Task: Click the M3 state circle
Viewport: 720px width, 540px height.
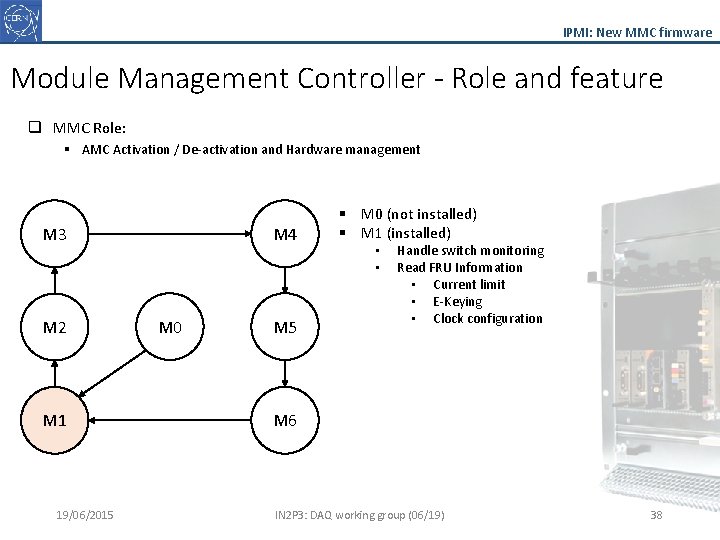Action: [x=55, y=235]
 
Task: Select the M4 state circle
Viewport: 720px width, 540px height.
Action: [x=285, y=235]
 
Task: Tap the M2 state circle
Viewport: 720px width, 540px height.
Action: [x=55, y=327]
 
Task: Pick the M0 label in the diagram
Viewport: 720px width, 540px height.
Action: [x=170, y=327]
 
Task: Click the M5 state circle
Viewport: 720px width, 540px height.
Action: [x=285, y=327]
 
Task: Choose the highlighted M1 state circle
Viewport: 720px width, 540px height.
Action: [x=55, y=420]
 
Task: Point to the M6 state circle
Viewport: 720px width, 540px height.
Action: [x=285, y=420]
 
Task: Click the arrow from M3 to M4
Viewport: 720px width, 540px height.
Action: [x=170, y=234]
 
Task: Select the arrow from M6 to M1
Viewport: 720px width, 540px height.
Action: [x=170, y=420]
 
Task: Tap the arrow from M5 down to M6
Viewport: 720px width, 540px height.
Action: [x=285, y=372]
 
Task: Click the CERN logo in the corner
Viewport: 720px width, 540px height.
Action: [x=21, y=21]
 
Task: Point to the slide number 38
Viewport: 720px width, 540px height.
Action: [x=656, y=515]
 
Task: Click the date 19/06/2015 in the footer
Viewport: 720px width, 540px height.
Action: [x=85, y=515]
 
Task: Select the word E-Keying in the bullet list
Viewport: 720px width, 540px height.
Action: [x=457, y=302]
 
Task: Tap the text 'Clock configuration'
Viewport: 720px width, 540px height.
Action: [x=487, y=319]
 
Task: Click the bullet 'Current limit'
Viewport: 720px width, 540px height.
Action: [x=469, y=285]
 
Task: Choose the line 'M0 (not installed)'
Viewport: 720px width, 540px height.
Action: [x=418, y=214]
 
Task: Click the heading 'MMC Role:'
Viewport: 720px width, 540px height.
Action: [x=89, y=128]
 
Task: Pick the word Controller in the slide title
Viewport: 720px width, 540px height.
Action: [x=368, y=78]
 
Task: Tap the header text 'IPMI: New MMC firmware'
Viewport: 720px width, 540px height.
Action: [x=637, y=32]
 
